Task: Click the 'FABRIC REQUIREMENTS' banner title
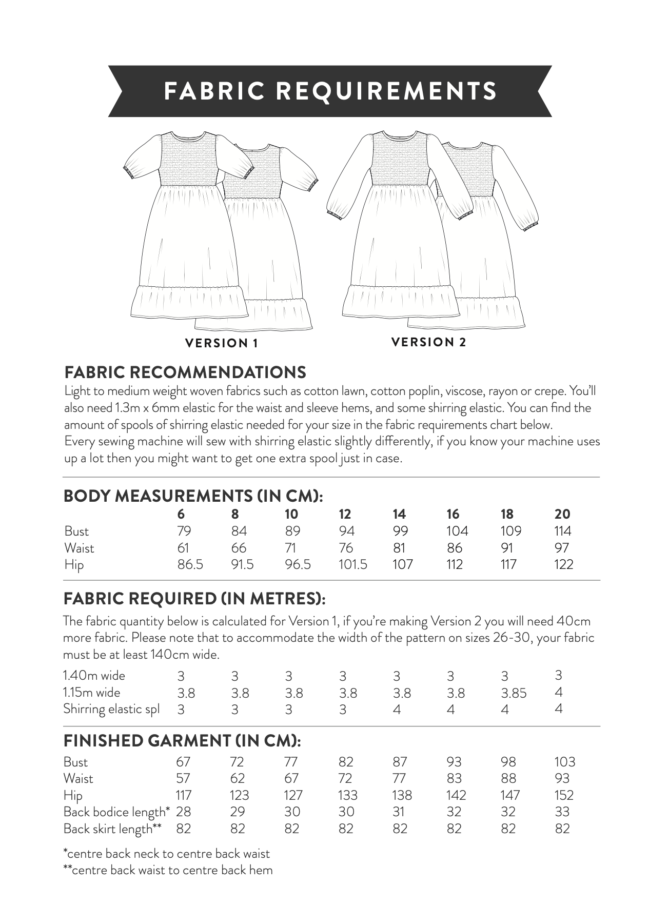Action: pyautogui.click(x=330, y=91)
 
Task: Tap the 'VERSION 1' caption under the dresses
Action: pyautogui.click(x=221, y=343)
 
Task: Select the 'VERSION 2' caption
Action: pyautogui.click(x=429, y=342)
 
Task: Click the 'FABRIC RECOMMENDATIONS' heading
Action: pyautogui.click(x=185, y=372)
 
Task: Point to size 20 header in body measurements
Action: pyautogui.click(x=562, y=514)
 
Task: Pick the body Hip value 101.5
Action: pyautogui.click(x=353, y=565)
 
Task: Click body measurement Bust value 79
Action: pyautogui.click(x=184, y=531)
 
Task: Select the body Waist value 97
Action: pyautogui.click(x=562, y=548)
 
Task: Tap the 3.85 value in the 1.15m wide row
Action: pyautogui.click(x=514, y=693)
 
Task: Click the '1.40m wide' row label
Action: pyautogui.click(x=94, y=676)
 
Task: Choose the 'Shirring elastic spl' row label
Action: pyautogui.click(x=111, y=709)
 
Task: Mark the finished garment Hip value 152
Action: pyautogui.click(x=564, y=795)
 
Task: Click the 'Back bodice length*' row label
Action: pyautogui.click(x=116, y=812)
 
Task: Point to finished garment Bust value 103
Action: pyautogui.click(x=565, y=762)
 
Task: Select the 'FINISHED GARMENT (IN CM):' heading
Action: pyautogui.click(x=182, y=741)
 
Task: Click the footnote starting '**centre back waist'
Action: pyautogui.click(x=168, y=870)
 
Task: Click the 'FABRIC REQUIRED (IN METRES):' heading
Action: pyautogui.click(x=194, y=598)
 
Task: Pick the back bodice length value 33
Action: pyautogui.click(x=562, y=812)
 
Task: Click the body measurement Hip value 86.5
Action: pyautogui.click(x=190, y=565)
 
